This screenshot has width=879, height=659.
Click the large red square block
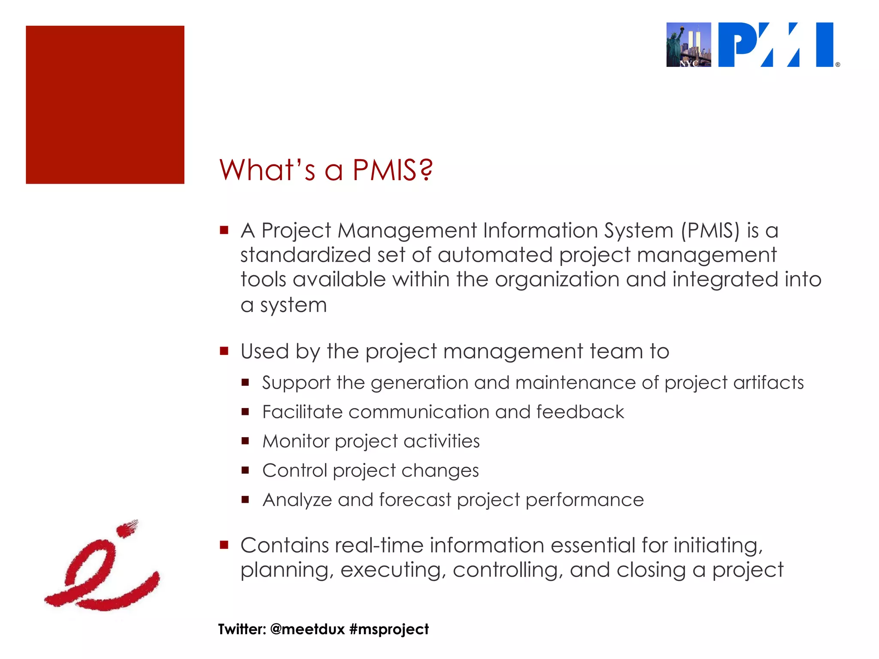point(105,105)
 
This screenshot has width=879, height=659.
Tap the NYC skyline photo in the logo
point(688,45)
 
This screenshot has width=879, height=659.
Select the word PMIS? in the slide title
point(393,170)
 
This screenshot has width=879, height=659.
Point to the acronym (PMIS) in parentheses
point(710,230)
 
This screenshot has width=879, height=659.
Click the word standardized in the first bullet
point(305,255)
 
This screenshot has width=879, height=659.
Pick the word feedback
point(580,412)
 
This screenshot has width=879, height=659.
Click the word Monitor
point(296,441)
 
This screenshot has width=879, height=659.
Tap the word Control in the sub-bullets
point(295,471)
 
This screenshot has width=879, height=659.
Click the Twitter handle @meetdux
point(308,629)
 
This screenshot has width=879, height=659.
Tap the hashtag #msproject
point(389,629)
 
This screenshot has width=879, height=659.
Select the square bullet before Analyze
point(245,499)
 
